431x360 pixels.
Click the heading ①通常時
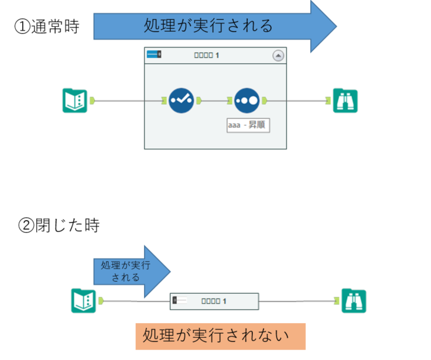tap(46, 27)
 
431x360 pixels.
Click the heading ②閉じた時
tap(59, 225)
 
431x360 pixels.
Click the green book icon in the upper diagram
tap(75, 101)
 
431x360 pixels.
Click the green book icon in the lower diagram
tap(83, 301)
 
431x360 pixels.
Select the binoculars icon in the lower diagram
tap(354, 301)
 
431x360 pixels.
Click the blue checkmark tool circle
tap(181, 101)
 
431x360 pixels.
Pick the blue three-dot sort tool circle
tap(247, 101)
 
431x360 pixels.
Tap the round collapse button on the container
tap(278, 56)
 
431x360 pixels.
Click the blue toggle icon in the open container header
tap(154, 55)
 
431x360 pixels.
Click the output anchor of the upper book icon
tap(92, 101)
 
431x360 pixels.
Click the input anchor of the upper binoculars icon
tap(328, 101)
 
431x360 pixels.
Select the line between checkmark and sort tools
tap(214, 101)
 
